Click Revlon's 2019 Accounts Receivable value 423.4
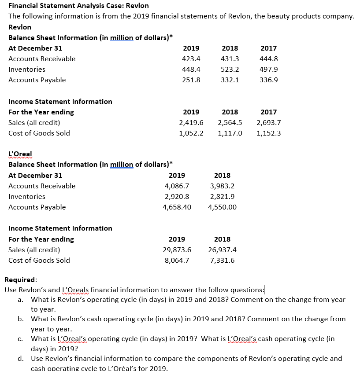[191, 59]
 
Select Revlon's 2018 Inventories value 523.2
[230, 70]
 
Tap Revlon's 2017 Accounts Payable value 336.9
[269, 80]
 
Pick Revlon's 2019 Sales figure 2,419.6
[191, 123]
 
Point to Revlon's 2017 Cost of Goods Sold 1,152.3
[269, 133]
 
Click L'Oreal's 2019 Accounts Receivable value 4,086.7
[177, 186]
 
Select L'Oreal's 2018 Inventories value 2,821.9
[222, 197]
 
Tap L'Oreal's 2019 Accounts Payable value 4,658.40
[177, 207]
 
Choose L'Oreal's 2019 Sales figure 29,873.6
[177, 250]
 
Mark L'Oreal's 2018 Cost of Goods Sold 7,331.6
[222, 261]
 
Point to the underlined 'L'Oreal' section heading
[20, 154]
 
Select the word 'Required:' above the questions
[21, 279]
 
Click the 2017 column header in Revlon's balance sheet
[269, 48]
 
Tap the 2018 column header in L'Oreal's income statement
[222, 239]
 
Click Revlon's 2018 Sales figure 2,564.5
[230, 123]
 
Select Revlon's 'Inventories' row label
[27, 70]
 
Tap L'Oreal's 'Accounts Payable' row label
[37, 207]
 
